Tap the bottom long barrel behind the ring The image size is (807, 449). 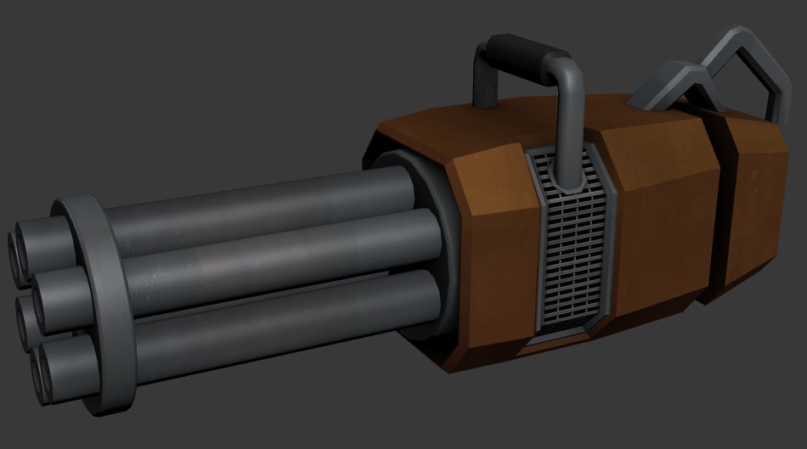[289, 314]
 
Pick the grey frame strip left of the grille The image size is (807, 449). [533, 255]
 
